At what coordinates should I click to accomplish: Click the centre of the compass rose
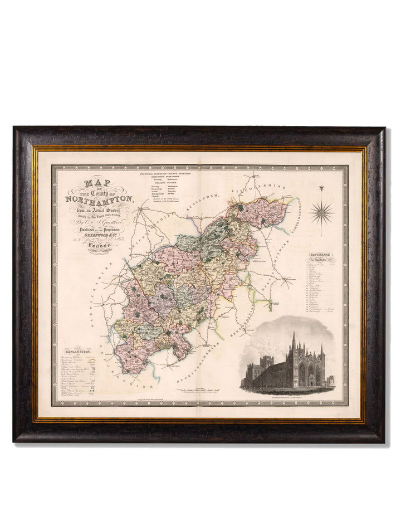(321, 212)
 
